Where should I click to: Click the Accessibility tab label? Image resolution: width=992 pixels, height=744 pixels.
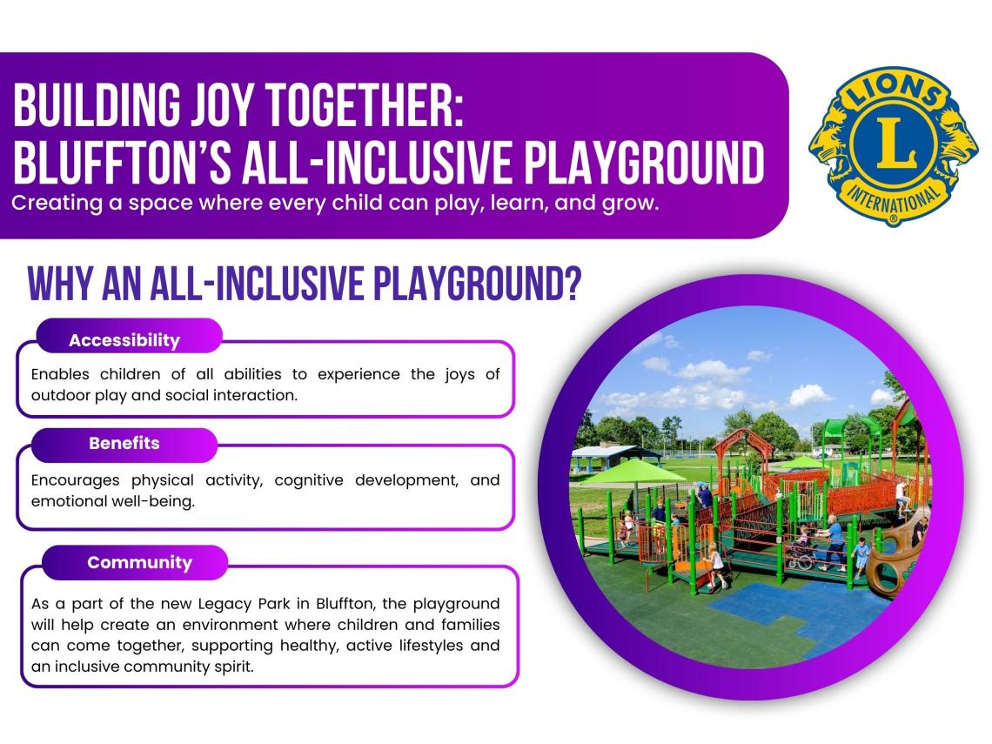[124, 340]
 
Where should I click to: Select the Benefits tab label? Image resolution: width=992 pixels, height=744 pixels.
[124, 443]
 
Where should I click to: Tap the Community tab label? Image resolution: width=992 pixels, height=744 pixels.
[140, 562]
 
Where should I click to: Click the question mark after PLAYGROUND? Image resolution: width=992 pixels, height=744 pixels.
[572, 284]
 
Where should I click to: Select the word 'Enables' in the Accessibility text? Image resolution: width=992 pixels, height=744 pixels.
[60, 374]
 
